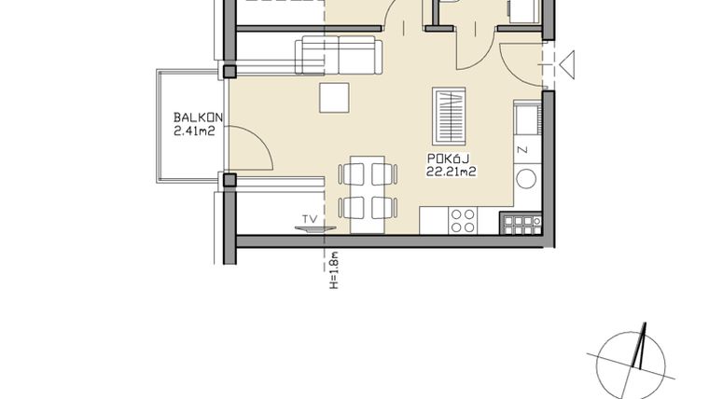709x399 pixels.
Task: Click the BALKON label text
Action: click(197, 118)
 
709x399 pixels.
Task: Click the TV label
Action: click(307, 220)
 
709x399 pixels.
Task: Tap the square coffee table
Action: click(334, 98)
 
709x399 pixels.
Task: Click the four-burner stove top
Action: click(463, 221)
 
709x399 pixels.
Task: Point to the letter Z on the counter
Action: click(522, 149)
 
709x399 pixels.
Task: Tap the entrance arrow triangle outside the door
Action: click(569, 65)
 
